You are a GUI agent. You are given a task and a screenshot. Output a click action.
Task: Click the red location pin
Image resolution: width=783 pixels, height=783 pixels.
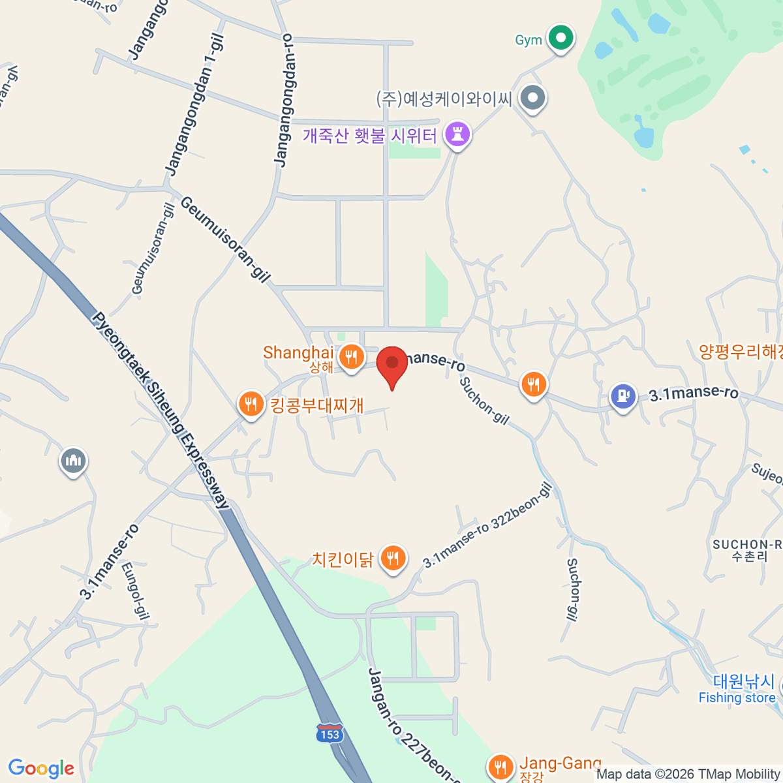click(392, 363)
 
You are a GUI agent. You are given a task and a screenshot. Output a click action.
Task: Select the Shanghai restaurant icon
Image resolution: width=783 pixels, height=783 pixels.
click(352, 356)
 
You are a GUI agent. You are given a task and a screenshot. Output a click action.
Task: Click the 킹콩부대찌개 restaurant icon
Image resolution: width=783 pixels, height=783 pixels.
click(251, 404)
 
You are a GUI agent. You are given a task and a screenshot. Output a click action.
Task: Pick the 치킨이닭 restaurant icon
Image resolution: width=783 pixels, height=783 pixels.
click(392, 558)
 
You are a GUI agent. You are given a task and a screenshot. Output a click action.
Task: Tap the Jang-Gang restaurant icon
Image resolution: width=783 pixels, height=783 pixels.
click(500, 766)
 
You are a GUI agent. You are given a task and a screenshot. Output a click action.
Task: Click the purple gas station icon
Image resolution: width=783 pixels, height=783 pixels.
click(623, 396)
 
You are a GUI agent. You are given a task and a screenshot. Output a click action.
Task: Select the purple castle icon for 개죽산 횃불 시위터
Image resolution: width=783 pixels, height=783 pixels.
click(457, 135)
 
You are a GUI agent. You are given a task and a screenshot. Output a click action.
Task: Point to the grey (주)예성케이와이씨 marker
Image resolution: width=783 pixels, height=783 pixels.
click(534, 99)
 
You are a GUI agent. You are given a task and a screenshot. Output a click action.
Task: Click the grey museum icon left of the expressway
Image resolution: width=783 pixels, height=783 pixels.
click(73, 461)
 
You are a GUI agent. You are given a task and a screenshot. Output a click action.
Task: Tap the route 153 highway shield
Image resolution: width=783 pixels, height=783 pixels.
click(330, 734)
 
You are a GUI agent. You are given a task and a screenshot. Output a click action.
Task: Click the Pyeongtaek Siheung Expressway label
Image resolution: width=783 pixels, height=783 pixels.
click(161, 411)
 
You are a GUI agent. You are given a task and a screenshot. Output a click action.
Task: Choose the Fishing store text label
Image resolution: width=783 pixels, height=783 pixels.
click(737, 698)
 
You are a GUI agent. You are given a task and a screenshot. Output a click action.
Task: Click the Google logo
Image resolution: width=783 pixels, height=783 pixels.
click(41, 768)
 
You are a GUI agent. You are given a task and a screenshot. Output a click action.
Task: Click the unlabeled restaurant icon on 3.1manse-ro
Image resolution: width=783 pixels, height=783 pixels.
click(534, 384)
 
